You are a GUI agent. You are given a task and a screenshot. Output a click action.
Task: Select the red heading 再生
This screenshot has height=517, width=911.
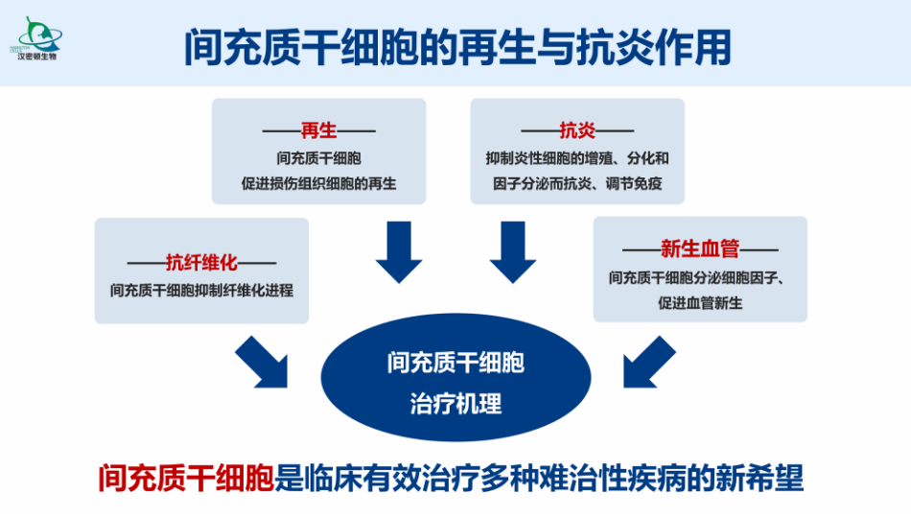tap(318, 130)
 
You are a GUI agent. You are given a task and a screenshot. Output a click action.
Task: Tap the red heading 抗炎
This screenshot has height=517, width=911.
tap(577, 130)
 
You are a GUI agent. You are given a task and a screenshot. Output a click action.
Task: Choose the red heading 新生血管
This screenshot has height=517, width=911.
tap(700, 249)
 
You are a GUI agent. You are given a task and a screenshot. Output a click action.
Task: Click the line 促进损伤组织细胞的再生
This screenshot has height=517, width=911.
tap(318, 182)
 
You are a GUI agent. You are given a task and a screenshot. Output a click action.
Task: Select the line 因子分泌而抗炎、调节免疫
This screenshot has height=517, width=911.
tap(577, 182)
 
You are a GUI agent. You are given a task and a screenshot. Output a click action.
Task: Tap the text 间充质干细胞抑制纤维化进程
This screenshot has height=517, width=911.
tap(201, 289)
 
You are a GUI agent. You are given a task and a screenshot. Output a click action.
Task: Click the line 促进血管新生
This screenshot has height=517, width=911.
tap(700, 303)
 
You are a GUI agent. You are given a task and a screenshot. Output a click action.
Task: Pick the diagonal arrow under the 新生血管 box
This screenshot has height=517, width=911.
tap(649, 362)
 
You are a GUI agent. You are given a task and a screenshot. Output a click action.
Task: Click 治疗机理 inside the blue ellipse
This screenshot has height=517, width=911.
tap(455, 403)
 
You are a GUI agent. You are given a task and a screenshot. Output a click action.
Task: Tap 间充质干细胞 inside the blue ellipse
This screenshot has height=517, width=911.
tap(455, 364)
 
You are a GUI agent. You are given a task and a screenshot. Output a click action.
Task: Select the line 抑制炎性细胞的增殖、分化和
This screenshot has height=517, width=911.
tap(577, 157)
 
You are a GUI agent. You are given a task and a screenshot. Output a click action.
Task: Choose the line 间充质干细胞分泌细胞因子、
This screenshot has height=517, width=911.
tap(700, 278)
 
